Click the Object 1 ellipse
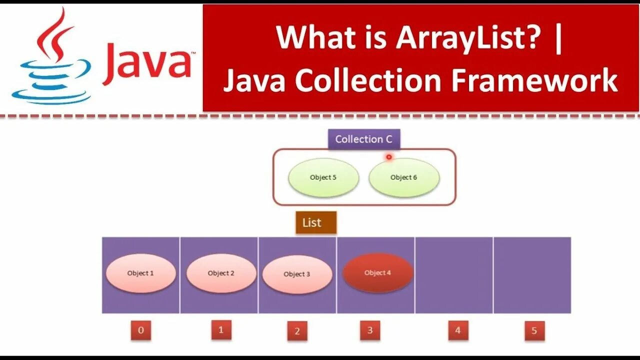click(140, 273)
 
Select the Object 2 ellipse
click(221, 273)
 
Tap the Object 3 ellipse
click(297, 274)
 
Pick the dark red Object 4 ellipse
click(377, 273)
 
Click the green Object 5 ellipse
click(323, 177)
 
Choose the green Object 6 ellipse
click(404, 177)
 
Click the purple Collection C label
click(364, 139)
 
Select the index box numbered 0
click(141, 330)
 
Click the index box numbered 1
click(221, 330)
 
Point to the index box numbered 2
click(297, 331)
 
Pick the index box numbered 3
click(370, 330)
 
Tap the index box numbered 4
click(458, 330)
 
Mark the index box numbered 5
click(534, 330)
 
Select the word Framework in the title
click(534, 81)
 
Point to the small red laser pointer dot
click(388, 157)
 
